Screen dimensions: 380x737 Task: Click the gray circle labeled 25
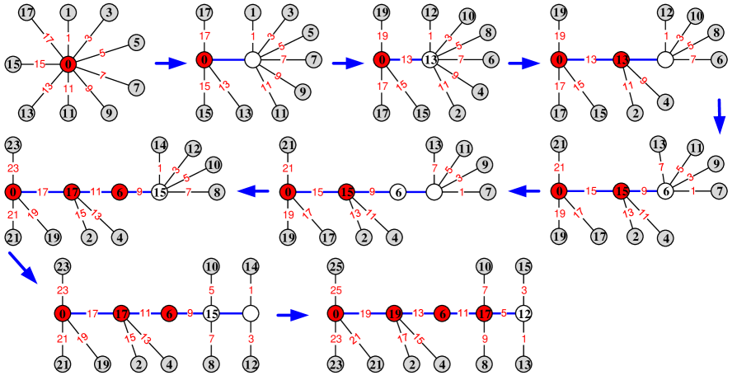335,266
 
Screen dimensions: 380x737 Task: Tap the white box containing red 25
335,290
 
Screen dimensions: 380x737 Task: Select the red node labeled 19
394,313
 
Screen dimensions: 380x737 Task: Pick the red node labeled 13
622,59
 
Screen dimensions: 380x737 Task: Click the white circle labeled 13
430,59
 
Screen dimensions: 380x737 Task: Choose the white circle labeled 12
523,313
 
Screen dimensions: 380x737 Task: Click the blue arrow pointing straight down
719,116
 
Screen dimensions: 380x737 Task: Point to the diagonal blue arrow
22,268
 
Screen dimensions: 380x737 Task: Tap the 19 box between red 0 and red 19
364,313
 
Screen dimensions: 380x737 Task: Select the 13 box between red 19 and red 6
418,313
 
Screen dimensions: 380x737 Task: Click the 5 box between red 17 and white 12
504,313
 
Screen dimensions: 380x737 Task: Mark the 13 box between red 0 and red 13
590,59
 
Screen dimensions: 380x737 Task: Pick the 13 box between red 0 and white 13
406,59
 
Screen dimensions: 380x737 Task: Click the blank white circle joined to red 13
665,59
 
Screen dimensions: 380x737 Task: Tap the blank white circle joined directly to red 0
253,59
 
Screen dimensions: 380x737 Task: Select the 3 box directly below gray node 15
523,290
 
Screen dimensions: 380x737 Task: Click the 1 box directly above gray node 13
523,338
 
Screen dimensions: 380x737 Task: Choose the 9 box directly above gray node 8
484,338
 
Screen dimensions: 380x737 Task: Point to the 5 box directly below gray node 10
212,290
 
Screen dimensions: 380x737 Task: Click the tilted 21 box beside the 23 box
354,337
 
